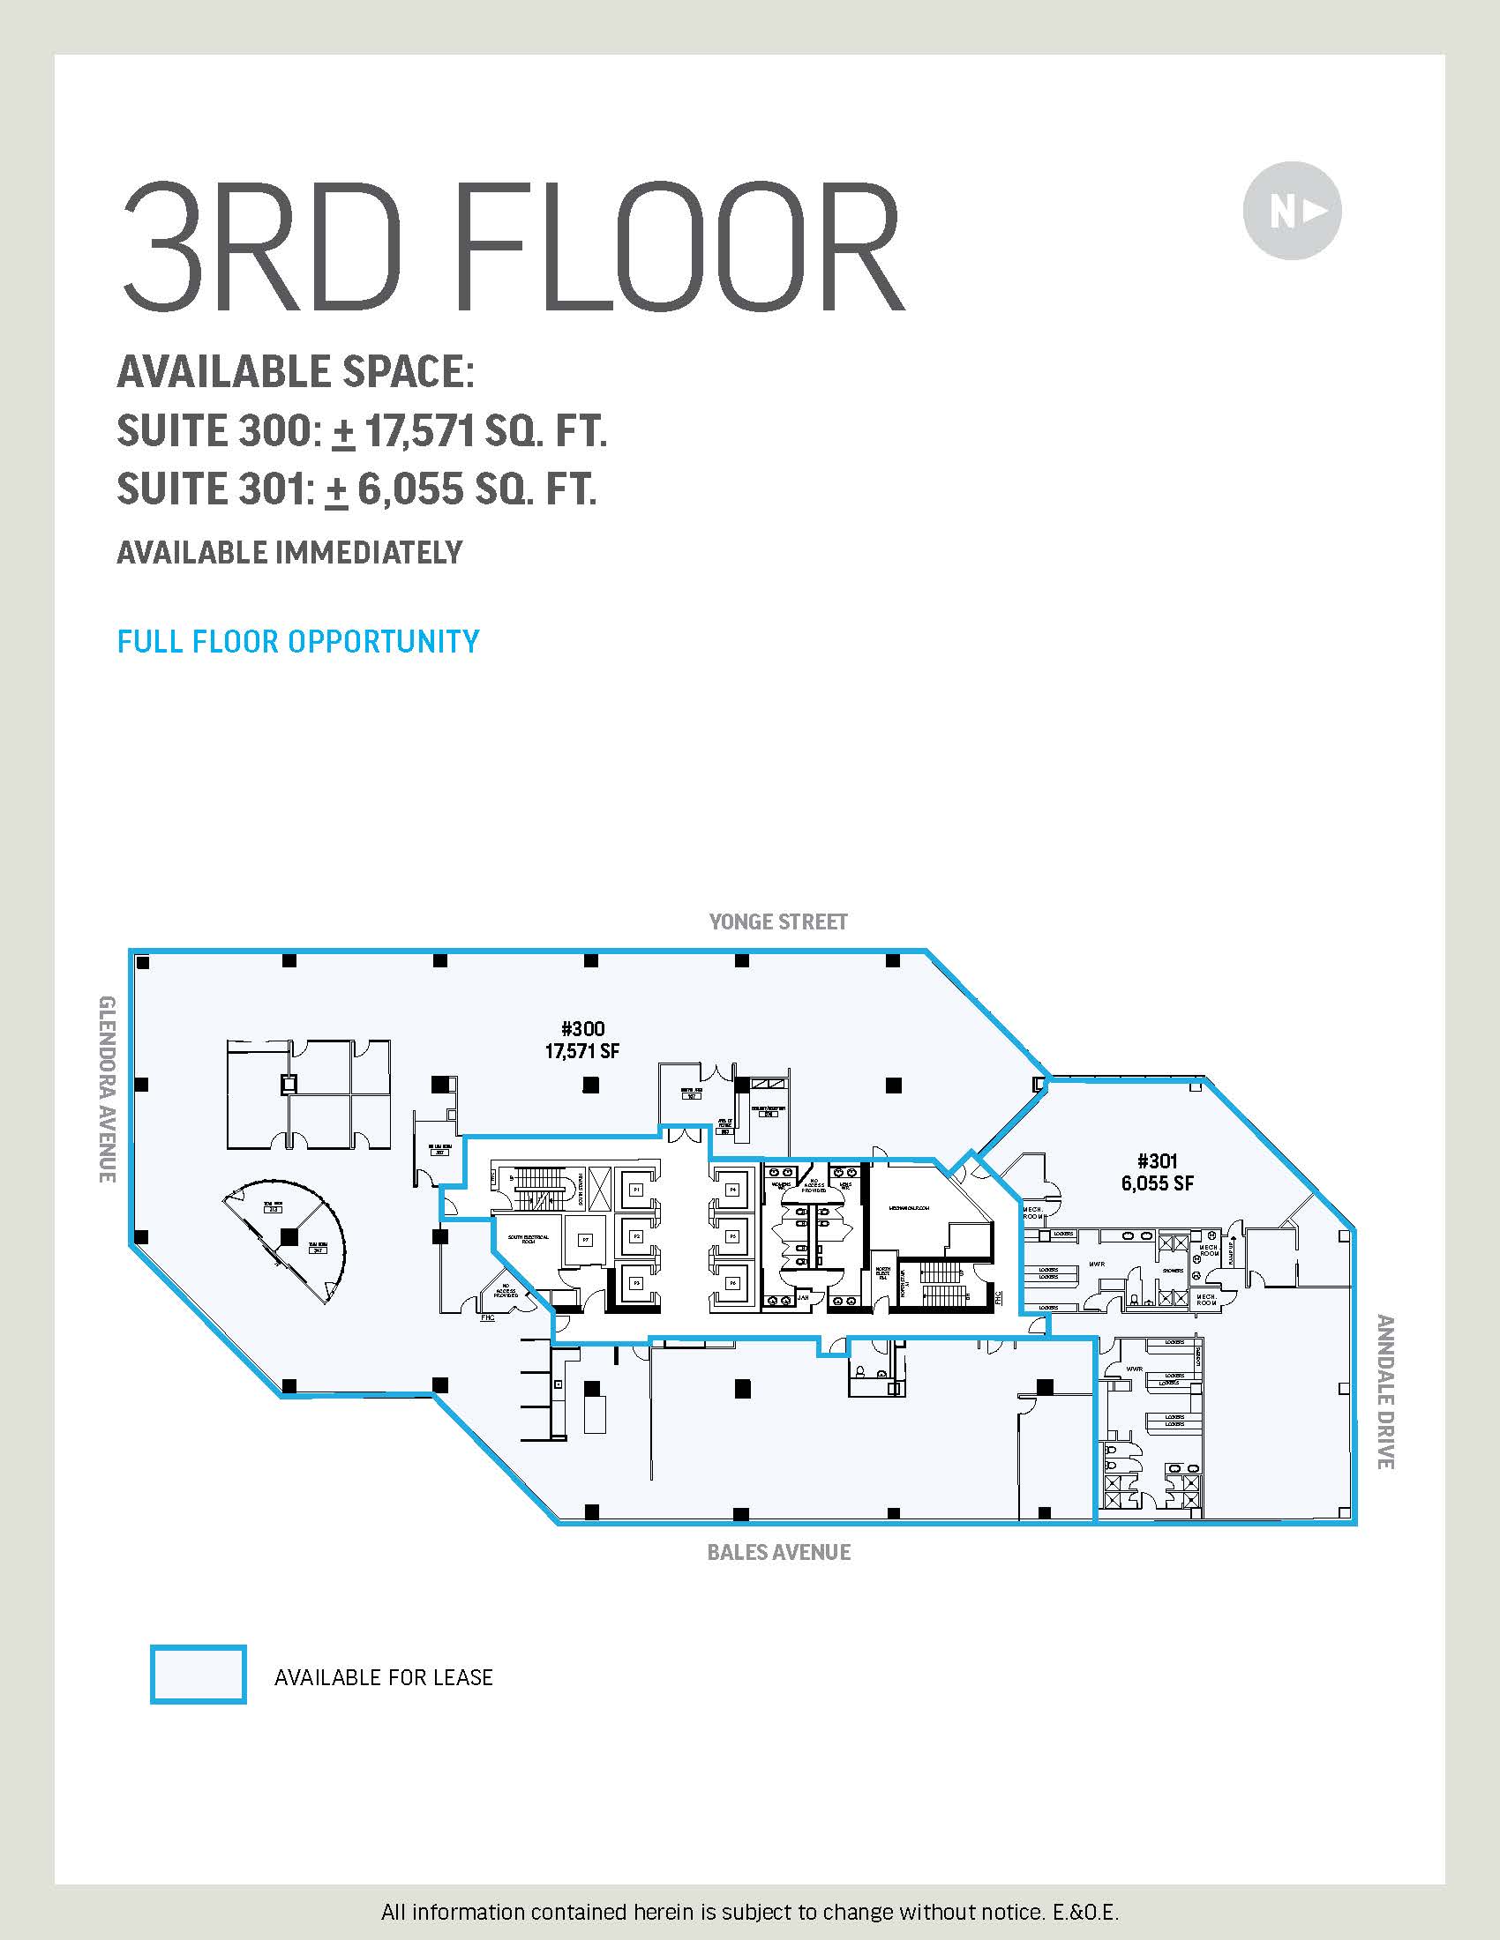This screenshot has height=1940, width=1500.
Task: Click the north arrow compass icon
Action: [1291, 212]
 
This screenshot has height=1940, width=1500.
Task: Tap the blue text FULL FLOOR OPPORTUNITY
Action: [298, 641]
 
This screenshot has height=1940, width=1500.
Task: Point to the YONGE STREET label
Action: [777, 922]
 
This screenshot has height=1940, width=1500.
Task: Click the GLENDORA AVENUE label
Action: [107, 1089]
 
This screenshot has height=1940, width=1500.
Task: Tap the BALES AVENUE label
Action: [778, 1552]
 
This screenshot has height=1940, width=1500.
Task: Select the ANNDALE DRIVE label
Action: [1384, 1392]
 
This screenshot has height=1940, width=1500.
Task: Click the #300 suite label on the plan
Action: [582, 1028]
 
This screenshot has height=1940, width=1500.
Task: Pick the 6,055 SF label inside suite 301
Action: [1157, 1183]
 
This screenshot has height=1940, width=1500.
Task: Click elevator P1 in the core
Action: [636, 1190]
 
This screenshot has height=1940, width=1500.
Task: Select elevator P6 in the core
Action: [732, 1283]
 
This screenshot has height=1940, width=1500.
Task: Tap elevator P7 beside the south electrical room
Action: [586, 1239]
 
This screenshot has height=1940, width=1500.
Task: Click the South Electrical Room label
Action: [528, 1238]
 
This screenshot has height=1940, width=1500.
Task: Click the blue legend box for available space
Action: [199, 1675]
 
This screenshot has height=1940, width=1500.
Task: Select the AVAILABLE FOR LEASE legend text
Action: [383, 1677]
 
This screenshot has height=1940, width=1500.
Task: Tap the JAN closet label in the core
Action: [803, 1298]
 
